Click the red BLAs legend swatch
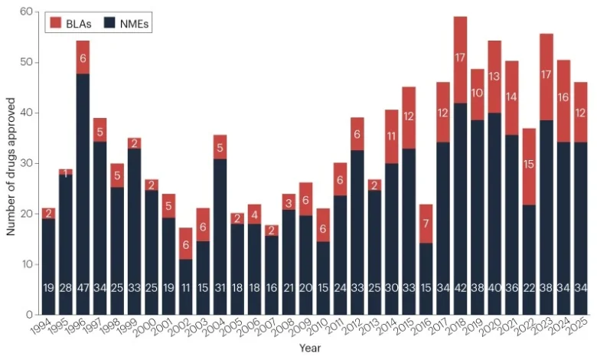click(x=55, y=25)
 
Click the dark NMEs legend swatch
click(x=109, y=25)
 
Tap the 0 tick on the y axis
click(x=29, y=315)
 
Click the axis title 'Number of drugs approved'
click(x=11, y=163)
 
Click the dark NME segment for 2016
click(x=425, y=279)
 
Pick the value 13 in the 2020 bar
click(x=495, y=76)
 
